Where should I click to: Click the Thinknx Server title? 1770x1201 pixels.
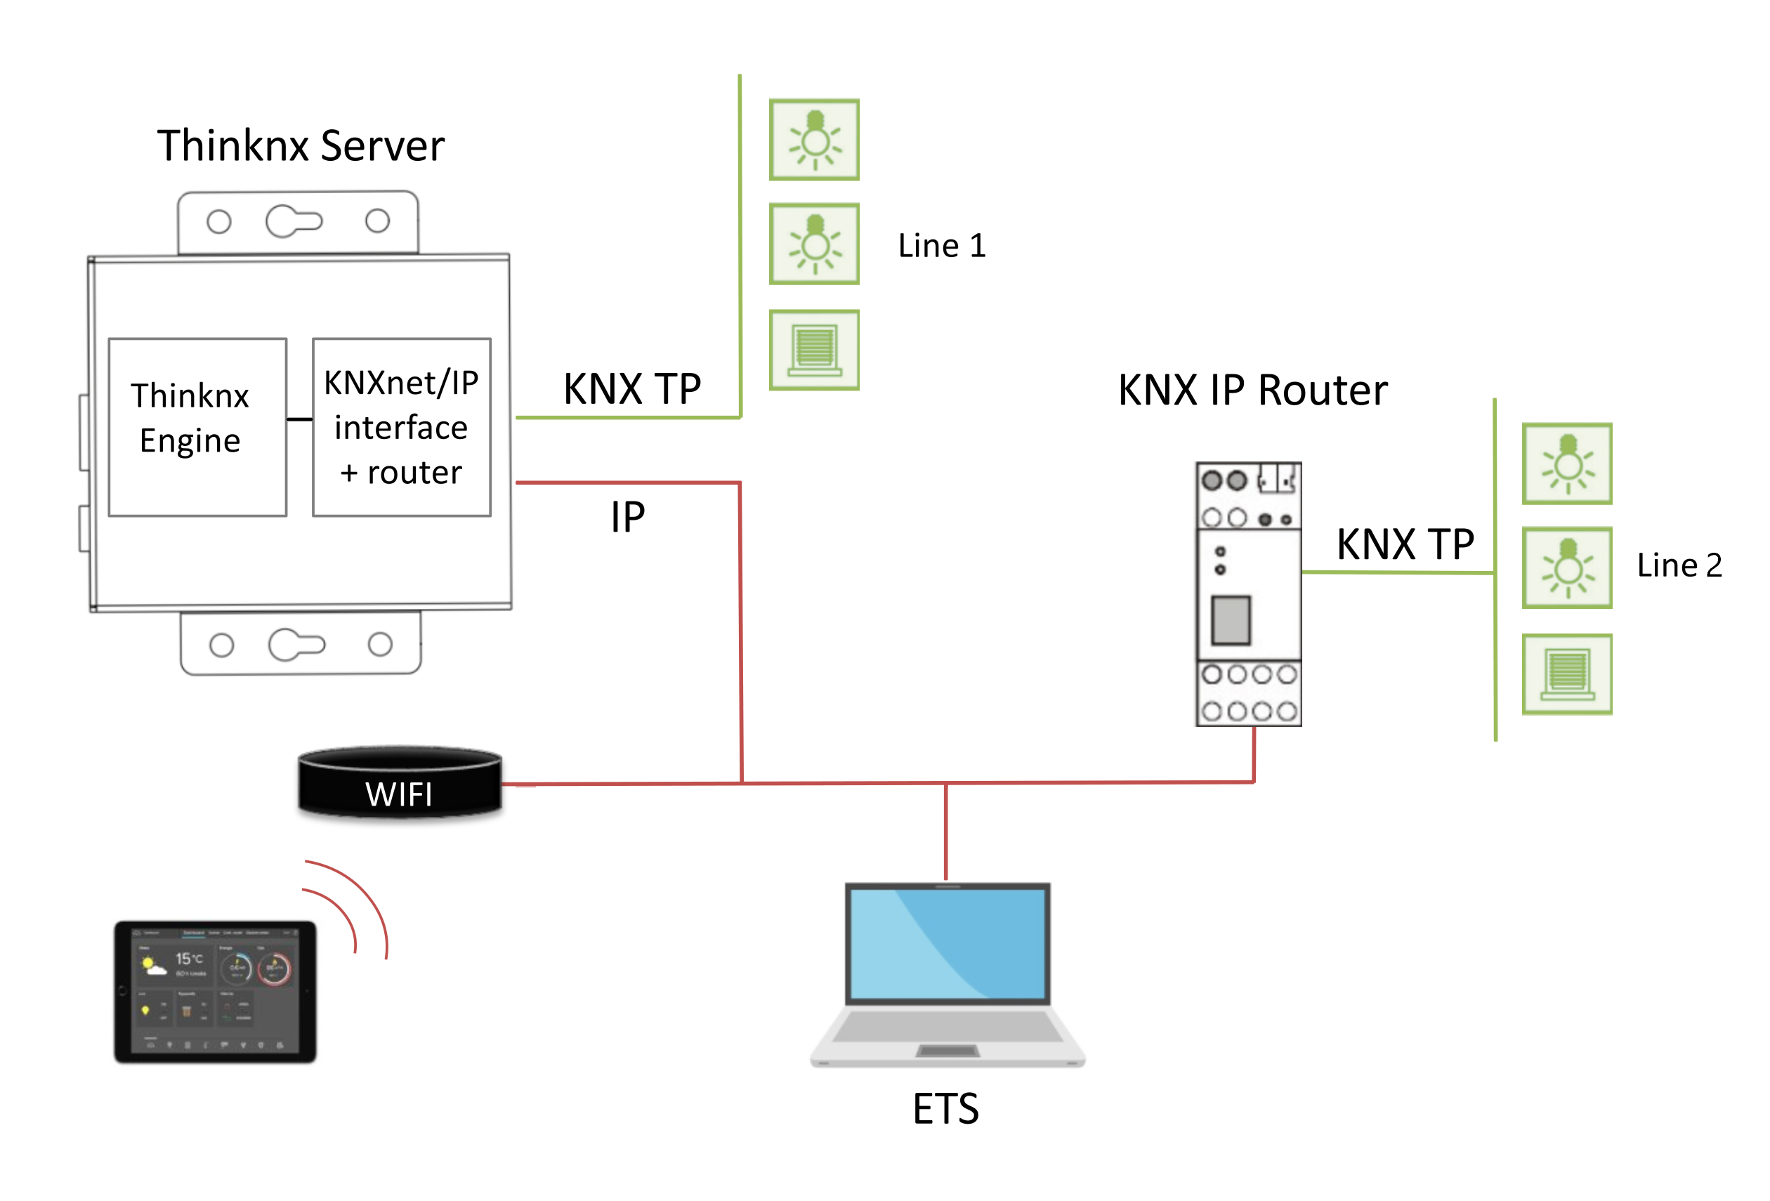pyautogui.click(x=300, y=145)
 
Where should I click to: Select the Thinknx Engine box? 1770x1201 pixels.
pyautogui.click(x=197, y=427)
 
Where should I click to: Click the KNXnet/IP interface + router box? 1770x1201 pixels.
pyautogui.click(x=401, y=427)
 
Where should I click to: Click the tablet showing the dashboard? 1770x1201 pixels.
pyautogui.click(x=215, y=992)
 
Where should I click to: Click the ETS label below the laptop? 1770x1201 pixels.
pyautogui.click(x=945, y=1108)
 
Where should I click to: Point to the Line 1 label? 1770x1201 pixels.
pyautogui.click(x=941, y=246)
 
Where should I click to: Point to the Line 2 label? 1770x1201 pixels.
pyautogui.click(x=1679, y=565)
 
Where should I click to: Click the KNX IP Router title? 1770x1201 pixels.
pyautogui.click(x=1252, y=391)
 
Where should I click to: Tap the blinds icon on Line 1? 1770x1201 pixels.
pyautogui.click(x=814, y=350)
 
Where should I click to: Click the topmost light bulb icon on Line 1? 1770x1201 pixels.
pyautogui.click(x=814, y=139)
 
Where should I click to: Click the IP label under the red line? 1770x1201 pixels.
pyautogui.click(x=627, y=518)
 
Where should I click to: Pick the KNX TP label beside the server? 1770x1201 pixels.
pyautogui.click(x=631, y=389)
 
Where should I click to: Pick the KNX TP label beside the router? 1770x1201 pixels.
pyautogui.click(x=1405, y=544)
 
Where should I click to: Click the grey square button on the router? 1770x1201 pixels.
pyautogui.click(x=1230, y=620)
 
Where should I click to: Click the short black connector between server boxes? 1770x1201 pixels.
pyautogui.click(x=299, y=419)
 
